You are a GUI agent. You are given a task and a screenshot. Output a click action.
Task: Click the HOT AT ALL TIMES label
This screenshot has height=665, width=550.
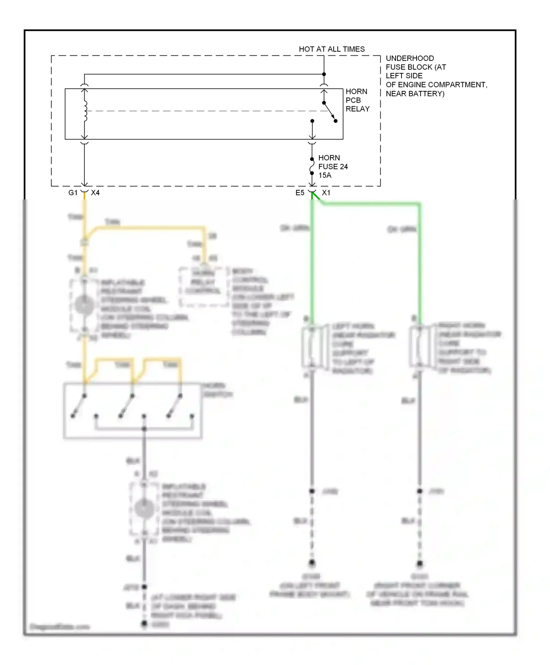(x=331, y=49)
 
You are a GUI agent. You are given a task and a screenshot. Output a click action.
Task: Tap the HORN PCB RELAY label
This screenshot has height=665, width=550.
(x=357, y=100)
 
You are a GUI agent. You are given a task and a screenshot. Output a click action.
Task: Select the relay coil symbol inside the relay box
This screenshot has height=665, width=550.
(x=85, y=111)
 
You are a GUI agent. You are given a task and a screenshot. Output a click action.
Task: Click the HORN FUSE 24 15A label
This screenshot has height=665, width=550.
(x=333, y=166)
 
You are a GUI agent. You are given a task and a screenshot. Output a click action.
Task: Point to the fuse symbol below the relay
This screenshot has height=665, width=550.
(x=312, y=166)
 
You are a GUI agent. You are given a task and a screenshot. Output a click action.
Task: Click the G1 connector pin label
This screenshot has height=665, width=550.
(x=73, y=193)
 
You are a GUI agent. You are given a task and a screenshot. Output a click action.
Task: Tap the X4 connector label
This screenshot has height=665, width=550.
(x=95, y=193)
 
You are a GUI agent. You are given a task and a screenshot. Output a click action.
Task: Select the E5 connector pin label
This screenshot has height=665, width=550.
(x=300, y=193)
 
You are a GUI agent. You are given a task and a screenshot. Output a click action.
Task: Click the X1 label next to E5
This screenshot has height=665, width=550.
(x=326, y=193)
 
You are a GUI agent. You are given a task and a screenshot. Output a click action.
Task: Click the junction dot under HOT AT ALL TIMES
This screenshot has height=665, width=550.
(x=324, y=74)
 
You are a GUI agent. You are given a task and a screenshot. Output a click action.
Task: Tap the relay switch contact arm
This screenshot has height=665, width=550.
(x=329, y=112)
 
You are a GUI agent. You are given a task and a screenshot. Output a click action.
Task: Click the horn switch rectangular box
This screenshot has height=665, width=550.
(x=133, y=411)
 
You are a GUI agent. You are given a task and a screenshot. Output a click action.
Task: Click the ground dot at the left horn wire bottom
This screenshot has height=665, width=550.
(x=312, y=562)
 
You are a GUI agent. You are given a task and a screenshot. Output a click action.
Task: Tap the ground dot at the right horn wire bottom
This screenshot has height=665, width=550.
(x=420, y=563)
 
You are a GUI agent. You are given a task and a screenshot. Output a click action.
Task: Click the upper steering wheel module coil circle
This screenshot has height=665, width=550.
(x=84, y=305)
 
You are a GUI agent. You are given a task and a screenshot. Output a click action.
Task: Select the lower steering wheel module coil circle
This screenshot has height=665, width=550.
(x=144, y=509)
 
